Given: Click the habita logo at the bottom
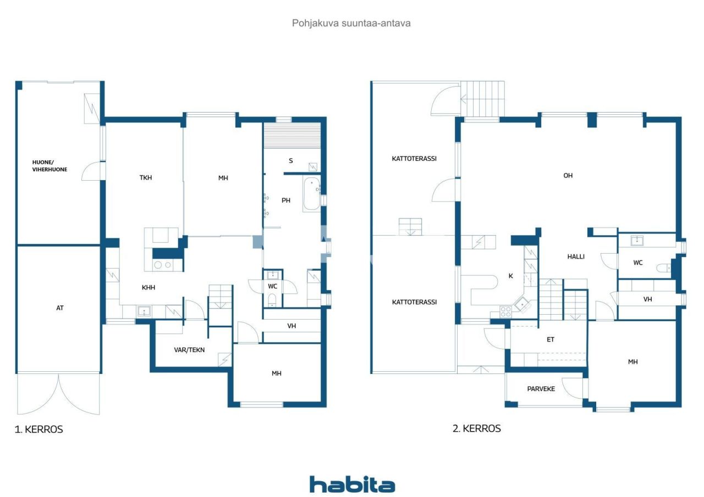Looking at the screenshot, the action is click(x=352, y=484).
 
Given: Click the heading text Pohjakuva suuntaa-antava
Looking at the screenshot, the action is click(x=351, y=23).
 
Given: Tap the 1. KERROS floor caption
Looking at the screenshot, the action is click(x=38, y=429).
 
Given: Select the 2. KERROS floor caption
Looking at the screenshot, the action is click(x=476, y=428).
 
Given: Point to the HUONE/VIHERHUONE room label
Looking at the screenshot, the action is click(x=50, y=166).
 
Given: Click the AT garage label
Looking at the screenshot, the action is click(x=60, y=308).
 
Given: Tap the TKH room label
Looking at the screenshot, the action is click(x=146, y=177).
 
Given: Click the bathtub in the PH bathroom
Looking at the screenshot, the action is click(x=311, y=194).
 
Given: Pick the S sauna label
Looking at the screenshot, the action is click(x=291, y=161).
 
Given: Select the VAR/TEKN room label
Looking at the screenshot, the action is click(x=189, y=349).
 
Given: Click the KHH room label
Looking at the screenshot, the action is click(x=148, y=287).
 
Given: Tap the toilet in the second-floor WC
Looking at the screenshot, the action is click(x=663, y=268).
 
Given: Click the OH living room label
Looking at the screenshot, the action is click(x=568, y=175).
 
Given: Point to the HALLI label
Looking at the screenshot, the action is click(x=576, y=256).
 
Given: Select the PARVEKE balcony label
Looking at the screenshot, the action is click(x=541, y=388).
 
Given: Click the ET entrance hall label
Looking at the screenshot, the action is click(x=551, y=339).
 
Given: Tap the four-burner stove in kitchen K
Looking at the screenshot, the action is click(x=505, y=311).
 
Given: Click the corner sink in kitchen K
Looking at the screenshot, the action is click(x=522, y=304).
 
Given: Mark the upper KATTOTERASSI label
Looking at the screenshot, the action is click(x=414, y=159).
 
